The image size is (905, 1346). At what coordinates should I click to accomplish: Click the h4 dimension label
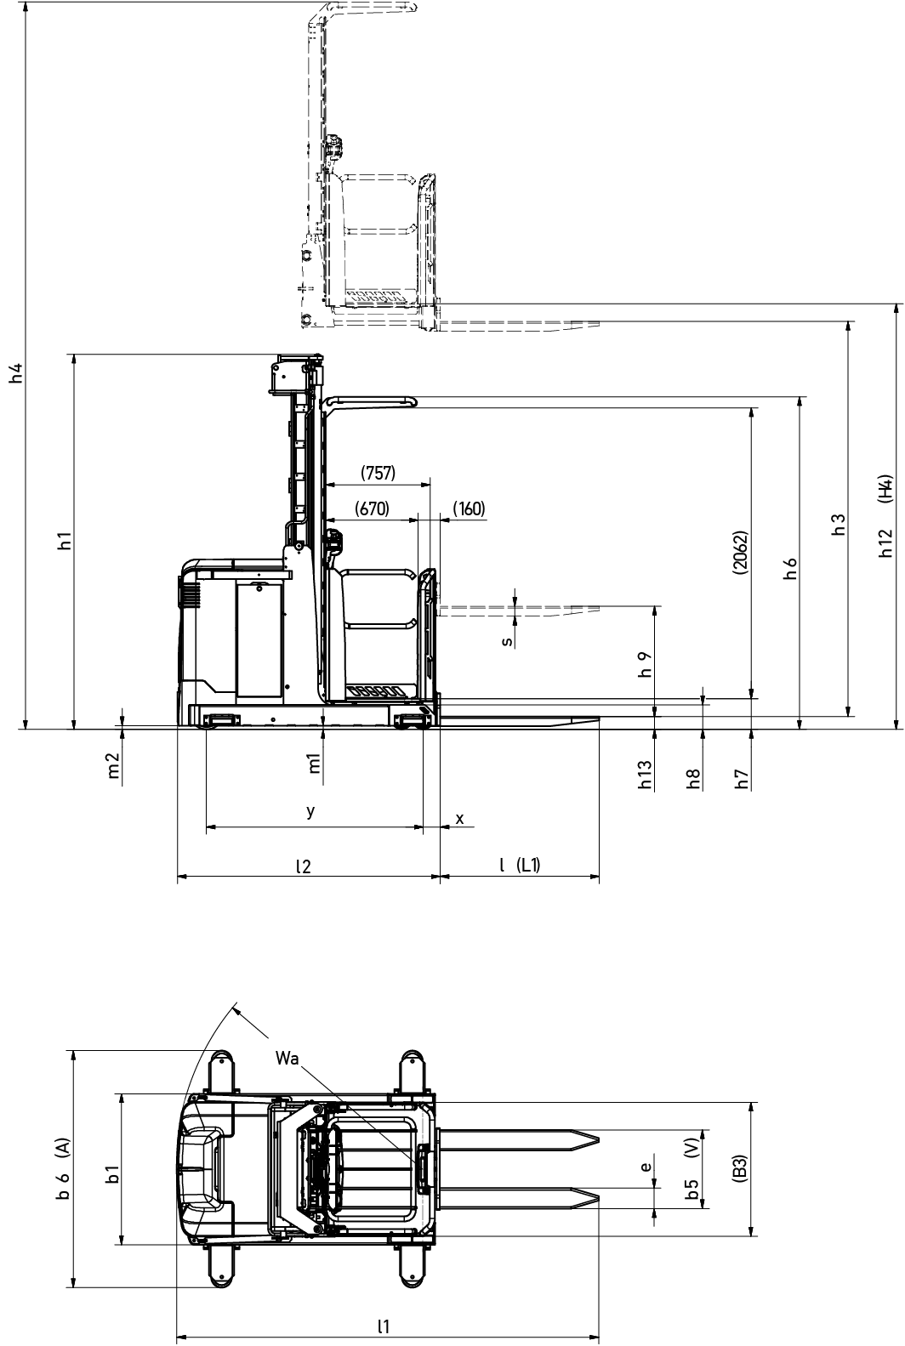17,372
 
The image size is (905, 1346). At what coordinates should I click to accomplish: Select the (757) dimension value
378,474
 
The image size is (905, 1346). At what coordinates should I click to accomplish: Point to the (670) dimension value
372,509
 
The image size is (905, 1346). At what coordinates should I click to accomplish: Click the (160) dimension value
468,509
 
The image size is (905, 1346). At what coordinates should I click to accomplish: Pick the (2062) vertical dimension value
740,553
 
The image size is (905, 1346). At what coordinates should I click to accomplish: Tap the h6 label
790,569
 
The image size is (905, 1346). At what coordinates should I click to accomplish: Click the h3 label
839,525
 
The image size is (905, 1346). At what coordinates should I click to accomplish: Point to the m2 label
114,765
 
